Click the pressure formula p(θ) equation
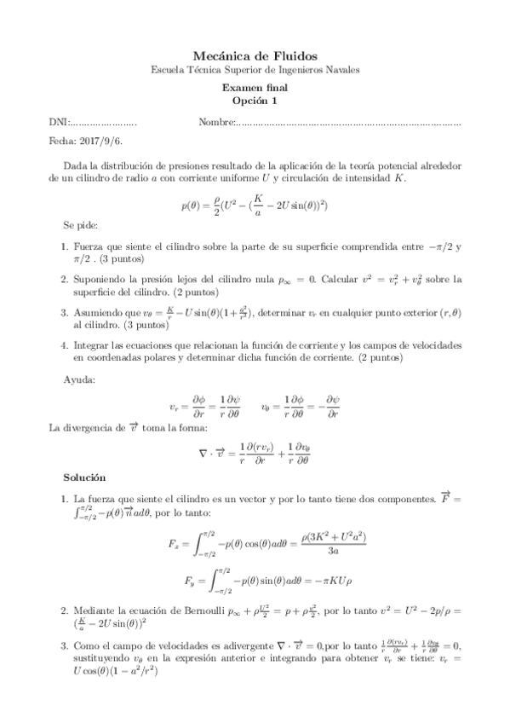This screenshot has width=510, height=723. pos(255,204)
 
